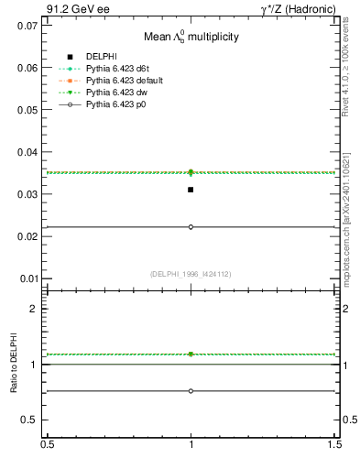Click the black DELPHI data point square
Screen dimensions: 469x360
191,190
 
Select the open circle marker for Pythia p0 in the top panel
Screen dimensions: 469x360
191,227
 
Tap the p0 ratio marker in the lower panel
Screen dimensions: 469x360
191,391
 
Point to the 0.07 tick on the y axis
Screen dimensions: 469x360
29,26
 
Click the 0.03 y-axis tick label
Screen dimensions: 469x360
29,194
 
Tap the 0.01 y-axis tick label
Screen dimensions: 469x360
29,278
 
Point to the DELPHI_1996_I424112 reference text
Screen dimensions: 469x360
191,273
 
